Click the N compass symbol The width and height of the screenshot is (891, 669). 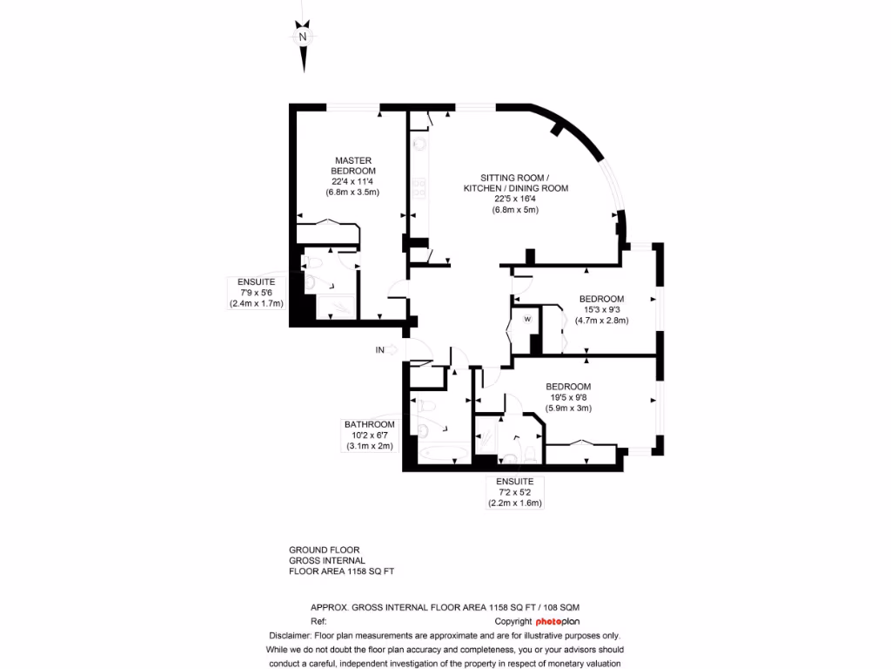tap(303, 37)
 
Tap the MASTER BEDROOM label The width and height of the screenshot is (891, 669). tap(353, 166)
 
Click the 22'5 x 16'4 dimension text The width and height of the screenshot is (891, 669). tap(515, 199)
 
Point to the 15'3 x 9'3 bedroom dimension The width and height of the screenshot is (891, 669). tap(601, 309)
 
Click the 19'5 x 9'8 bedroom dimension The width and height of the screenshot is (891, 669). tap(568, 397)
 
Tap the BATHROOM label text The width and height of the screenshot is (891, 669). tap(369, 424)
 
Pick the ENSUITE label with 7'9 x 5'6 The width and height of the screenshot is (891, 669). tap(256, 282)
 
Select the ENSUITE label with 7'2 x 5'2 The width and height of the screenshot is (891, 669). tap(514, 482)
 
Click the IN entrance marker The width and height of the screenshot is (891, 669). tap(379, 350)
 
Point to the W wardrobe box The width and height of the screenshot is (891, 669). tap(526, 319)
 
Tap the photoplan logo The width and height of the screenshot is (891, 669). tap(557, 621)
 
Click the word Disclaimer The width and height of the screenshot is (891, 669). tap(290, 635)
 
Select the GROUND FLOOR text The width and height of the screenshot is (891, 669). tap(324, 550)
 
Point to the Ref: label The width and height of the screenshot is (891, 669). tap(318, 621)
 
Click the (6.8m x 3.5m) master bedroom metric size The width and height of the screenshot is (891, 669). tap(353, 192)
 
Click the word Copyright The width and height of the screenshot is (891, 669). tap(513, 621)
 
